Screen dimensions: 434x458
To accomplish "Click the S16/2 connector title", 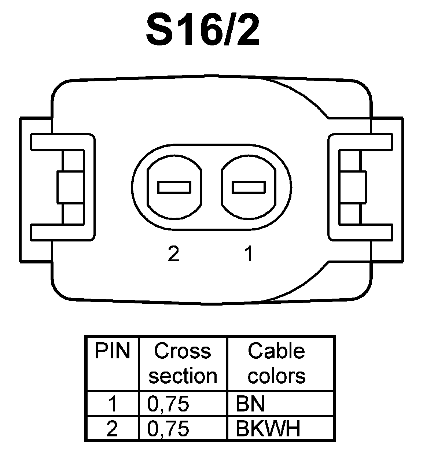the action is (203, 30).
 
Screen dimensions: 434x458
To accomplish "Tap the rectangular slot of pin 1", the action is (249, 187).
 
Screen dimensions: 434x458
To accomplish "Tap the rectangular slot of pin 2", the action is (174, 187).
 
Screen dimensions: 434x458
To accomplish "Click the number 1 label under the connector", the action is (249, 254).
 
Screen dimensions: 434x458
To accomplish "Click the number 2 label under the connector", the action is (173, 254).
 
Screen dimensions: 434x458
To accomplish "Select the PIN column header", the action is (113, 351).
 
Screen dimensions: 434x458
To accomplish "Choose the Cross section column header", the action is (183, 363).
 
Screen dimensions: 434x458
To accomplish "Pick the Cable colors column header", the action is (276, 363).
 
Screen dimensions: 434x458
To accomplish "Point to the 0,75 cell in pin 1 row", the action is (168, 404).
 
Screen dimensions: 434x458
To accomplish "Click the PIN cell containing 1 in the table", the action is (113, 404).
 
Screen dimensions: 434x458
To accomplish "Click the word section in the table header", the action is (183, 376).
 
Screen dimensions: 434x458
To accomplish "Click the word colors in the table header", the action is (276, 376).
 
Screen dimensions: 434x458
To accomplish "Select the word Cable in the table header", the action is (276, 351).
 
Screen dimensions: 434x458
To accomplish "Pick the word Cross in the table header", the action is (183, 351).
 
